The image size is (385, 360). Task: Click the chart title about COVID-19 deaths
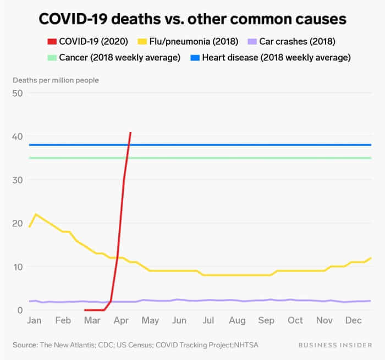point(193,19)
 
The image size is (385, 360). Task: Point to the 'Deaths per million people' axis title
point(56,80)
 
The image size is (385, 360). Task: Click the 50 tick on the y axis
point(18,93)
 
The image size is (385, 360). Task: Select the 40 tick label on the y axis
point(18,136)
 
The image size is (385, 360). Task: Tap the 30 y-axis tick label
point(18,180)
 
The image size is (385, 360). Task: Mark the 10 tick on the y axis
point(18,267)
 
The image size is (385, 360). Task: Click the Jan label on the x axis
point(34,320)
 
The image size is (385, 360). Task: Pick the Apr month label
point(122,320)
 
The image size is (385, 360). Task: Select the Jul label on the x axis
point(208,320)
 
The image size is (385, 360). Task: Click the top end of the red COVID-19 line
point(130,132)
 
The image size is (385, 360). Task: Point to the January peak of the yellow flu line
point(36,214)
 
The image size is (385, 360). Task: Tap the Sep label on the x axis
point(266,320)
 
